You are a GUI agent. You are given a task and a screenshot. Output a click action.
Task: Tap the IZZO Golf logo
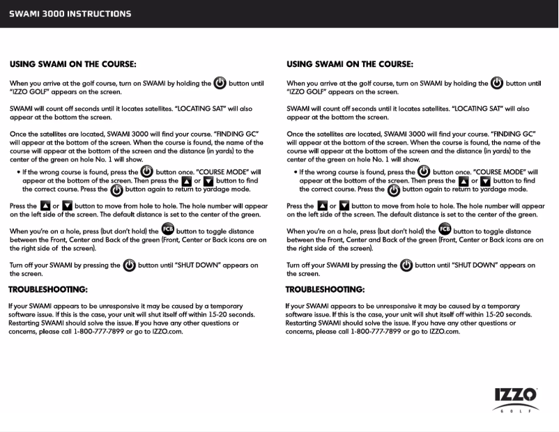[x=515, y=399]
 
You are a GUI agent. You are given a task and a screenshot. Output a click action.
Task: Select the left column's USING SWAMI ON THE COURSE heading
[x=73, y=64]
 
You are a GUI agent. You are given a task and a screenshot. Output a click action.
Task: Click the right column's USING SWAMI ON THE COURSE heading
[x=350, y=64]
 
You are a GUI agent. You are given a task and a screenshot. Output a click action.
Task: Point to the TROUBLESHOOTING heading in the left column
[x=48, y=289]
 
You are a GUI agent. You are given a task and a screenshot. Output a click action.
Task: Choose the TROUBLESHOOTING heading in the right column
[x=326, y=289]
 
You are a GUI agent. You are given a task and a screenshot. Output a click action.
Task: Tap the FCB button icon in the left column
[x=168, y=229]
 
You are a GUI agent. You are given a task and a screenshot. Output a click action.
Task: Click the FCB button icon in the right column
[x=445, y=229]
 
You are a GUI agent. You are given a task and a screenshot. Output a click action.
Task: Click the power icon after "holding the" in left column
[x=220, y=82]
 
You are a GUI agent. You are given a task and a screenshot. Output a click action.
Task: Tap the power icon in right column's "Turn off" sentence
[x=406, y=265]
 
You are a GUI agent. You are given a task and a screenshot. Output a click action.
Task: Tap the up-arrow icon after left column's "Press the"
[x=45, y=206]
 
